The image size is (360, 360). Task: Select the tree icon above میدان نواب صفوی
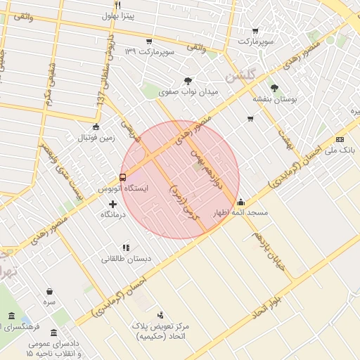pyautogui.click(x=188, y=81)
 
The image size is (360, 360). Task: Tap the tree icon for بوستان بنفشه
pyautogui.click(x=274, y=89)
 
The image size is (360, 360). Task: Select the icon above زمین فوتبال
pyautogui.click(x=96, y=127)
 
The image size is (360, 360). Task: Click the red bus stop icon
pyautogui.click(x=123, y=177)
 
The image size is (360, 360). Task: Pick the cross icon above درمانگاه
pyautogui.click(x=112, y=204)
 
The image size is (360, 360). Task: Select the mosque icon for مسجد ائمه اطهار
pyautogui.click(x=240, y=202)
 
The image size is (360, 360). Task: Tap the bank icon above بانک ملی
pyautogui.click(x=340, y=139)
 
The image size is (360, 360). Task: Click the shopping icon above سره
pyautogui.click(x=49, y=290)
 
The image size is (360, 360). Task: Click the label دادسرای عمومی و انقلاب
pyautogui.click(x=53, y=348)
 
